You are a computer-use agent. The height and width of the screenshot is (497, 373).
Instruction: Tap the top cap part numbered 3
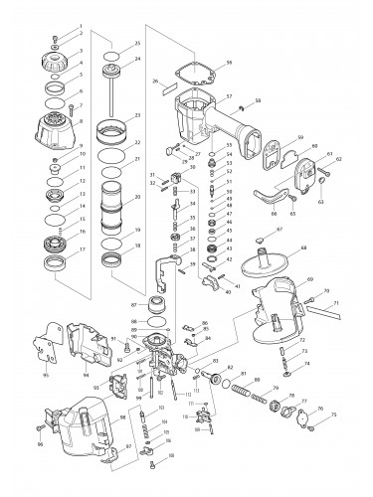(x=51, y=43)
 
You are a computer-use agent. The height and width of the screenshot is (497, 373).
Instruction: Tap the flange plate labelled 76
(x=296, y=418)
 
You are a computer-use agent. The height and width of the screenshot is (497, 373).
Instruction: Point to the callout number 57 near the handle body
(x=229, y=96)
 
